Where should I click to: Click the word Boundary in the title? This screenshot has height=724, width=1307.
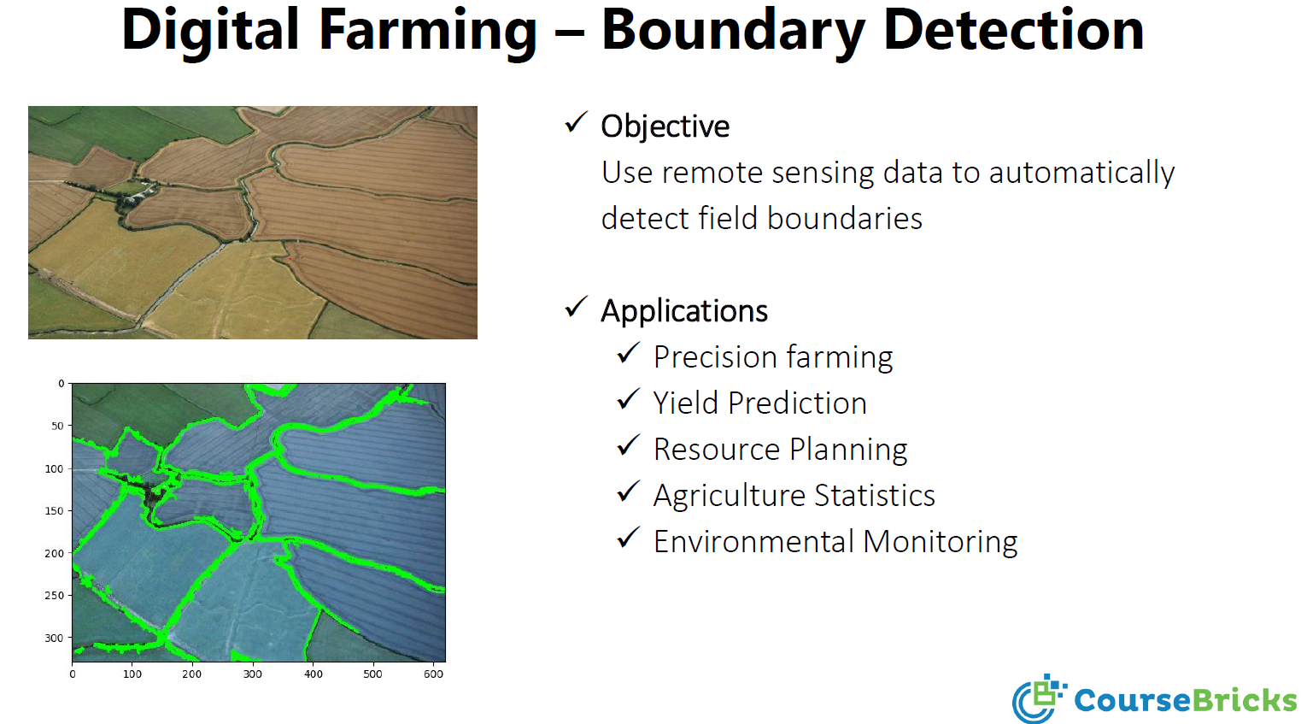tap(733, 31)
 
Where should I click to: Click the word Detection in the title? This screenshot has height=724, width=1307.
tap(1013, 31)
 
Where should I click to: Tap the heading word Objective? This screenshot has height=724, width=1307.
tap(665, 127)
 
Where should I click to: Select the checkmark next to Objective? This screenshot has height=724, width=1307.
tap(577, 123)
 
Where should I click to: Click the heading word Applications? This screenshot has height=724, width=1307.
tap(684, 311)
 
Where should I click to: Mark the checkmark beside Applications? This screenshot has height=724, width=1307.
tap(577, 307)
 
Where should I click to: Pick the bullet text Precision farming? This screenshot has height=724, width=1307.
tap(772, 357)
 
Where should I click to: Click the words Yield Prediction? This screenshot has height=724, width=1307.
tap(759, 403)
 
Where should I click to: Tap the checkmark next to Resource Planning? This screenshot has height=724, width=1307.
tap(629, 445)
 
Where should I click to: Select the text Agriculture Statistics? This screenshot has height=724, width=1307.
tap(794, 496)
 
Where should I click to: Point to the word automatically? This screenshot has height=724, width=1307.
tap(1081, 173)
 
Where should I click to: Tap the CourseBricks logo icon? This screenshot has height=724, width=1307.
tap(1038, 698)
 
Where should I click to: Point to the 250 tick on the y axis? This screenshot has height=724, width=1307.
tap(54, 595)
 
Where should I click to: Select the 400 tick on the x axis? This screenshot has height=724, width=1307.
tap(314, 674)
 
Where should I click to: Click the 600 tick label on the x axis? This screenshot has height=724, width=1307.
tap(433, 674)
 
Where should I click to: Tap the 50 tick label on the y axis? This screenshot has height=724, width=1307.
tap(57, 426)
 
